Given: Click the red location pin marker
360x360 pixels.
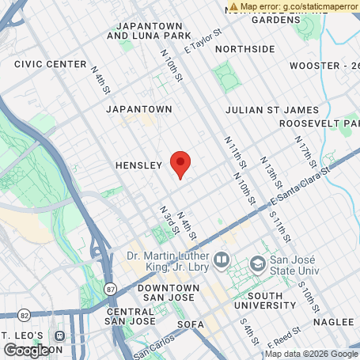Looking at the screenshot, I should point(180,164).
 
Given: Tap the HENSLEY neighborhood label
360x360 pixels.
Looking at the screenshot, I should point(138,165).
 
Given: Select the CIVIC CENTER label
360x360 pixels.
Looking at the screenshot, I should point(50,63).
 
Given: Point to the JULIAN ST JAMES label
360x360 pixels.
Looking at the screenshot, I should point(271,110).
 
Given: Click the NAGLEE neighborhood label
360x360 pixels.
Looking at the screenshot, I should point(332,323).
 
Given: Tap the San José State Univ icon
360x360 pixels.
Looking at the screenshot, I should point(256,262).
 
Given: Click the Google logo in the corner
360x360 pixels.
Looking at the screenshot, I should point(25,350).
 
